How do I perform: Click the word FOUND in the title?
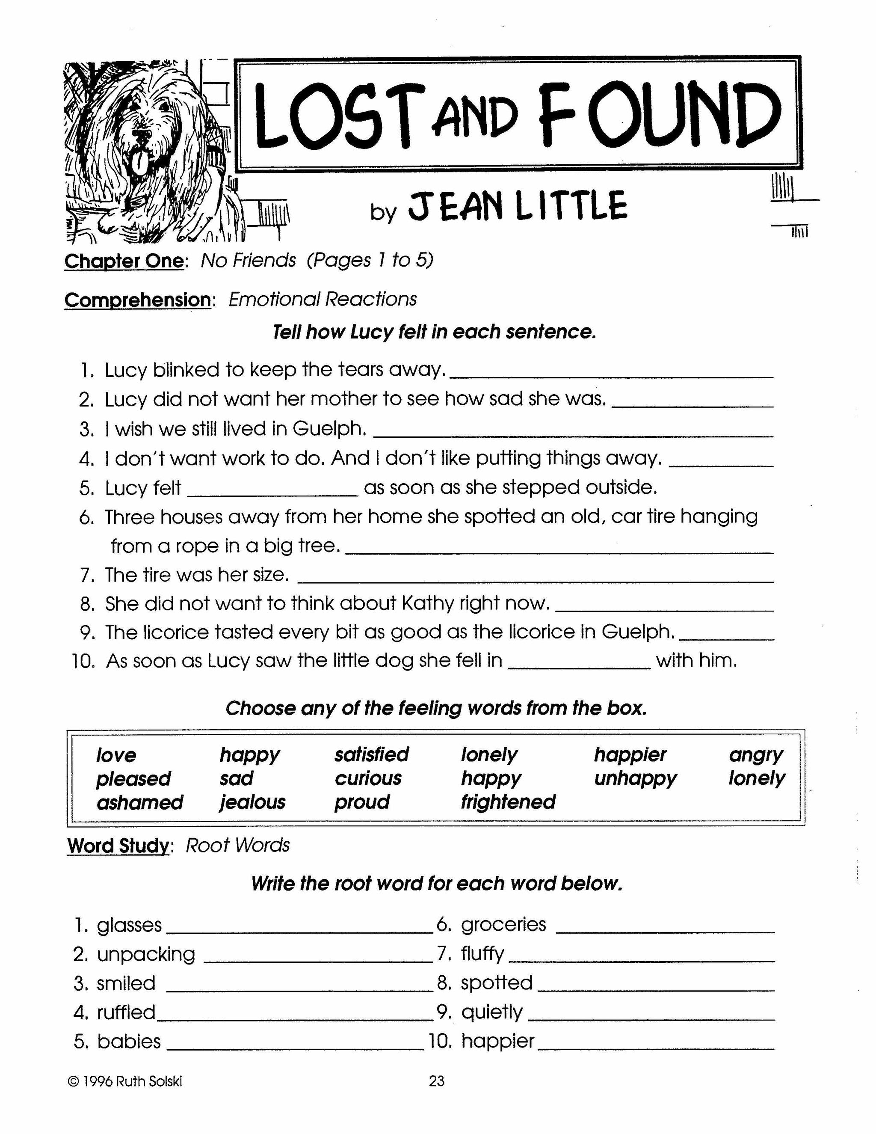tap(659, 115)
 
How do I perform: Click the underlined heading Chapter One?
tap(124, 261)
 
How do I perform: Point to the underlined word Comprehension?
tap(138, 300)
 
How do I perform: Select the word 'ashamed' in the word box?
tap(139, 803)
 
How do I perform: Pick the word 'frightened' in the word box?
tap(508, 802)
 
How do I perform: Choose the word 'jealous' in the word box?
tap(252, 803)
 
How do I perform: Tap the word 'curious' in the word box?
tap(368, 779)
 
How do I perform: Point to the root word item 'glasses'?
tap(129, 926)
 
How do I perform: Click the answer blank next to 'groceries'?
tap(665, 929)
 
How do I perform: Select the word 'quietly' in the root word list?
tap(491, 1012)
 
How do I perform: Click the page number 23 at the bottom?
tap(437, 1081)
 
